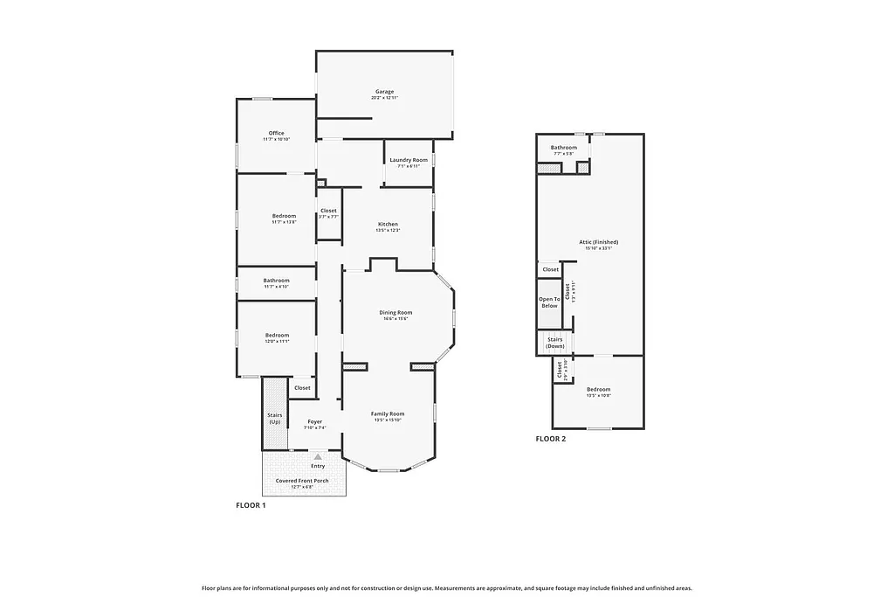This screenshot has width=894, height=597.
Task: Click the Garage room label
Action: point(384,91)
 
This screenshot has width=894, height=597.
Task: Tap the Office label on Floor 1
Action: point(276,133)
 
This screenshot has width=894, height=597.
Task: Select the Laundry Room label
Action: point(409,160)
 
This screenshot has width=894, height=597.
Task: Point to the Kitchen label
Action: point(388,224)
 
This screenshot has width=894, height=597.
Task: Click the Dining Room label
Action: point(395,312)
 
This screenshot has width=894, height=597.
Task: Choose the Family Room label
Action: point(388,413)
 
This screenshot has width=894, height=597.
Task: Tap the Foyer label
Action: point(314,422)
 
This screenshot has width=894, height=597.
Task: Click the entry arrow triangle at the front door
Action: point(318,456)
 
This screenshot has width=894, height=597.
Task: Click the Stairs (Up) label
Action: point(274,419)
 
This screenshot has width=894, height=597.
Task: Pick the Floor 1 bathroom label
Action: point(276,281)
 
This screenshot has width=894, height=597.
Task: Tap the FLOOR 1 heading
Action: point(251,505)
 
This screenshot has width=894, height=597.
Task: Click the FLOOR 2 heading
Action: point(550,439)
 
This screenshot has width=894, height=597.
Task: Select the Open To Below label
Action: point(549,302)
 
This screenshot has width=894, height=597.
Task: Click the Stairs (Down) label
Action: point(555,343)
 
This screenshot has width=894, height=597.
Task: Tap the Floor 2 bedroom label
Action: point(598,389)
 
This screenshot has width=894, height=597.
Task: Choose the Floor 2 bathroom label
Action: point(563,148)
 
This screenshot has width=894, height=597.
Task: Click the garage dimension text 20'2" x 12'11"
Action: point(384,98)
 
